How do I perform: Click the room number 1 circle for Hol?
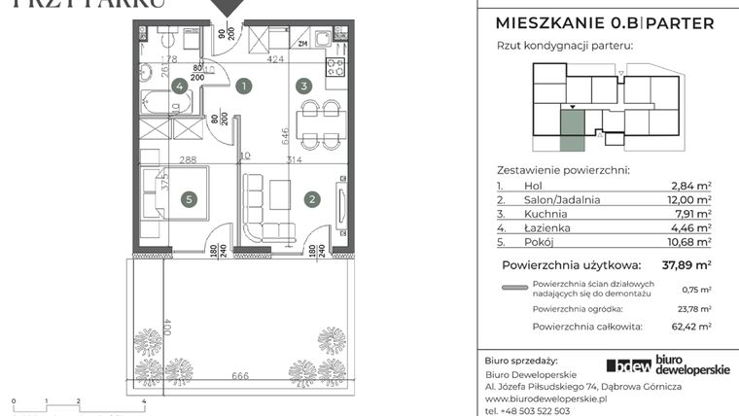244,86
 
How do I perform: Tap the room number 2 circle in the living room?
312,200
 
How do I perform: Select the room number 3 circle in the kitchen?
304,86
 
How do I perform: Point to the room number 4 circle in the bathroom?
179,86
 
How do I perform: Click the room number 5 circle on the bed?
190,200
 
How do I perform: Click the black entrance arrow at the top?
229,8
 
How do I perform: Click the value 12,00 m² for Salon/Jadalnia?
690,199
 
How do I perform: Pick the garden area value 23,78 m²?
691,308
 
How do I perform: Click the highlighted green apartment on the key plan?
572,131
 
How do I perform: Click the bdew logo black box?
629,364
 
